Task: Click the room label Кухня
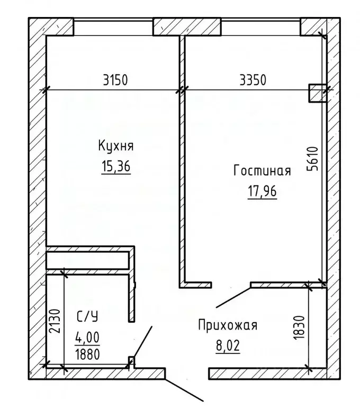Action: pyautogui.click(x=115, y=146)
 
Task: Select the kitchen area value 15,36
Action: pyautogui.click(x=115, y=167)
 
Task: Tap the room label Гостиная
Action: pyautogui.click(x=262, y=171)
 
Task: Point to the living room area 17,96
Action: pyautogui.click(x=262, y=191)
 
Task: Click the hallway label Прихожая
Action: pyautogui.click(x=227, y=325)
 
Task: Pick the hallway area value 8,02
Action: pyautogui.click(x=227, y=347)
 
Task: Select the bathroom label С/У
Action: pyautogui.click(x=87, y=317)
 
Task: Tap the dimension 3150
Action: pyautogui.click(x=115, y=81)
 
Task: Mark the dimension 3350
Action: pyautogui.click(x=253, y=81)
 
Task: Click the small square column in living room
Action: pyautogui.click(x=317, y=92)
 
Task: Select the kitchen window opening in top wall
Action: pyautogui.click(x=113, y=26)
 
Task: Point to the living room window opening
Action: pyautogui.click(x=260, y=26)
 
